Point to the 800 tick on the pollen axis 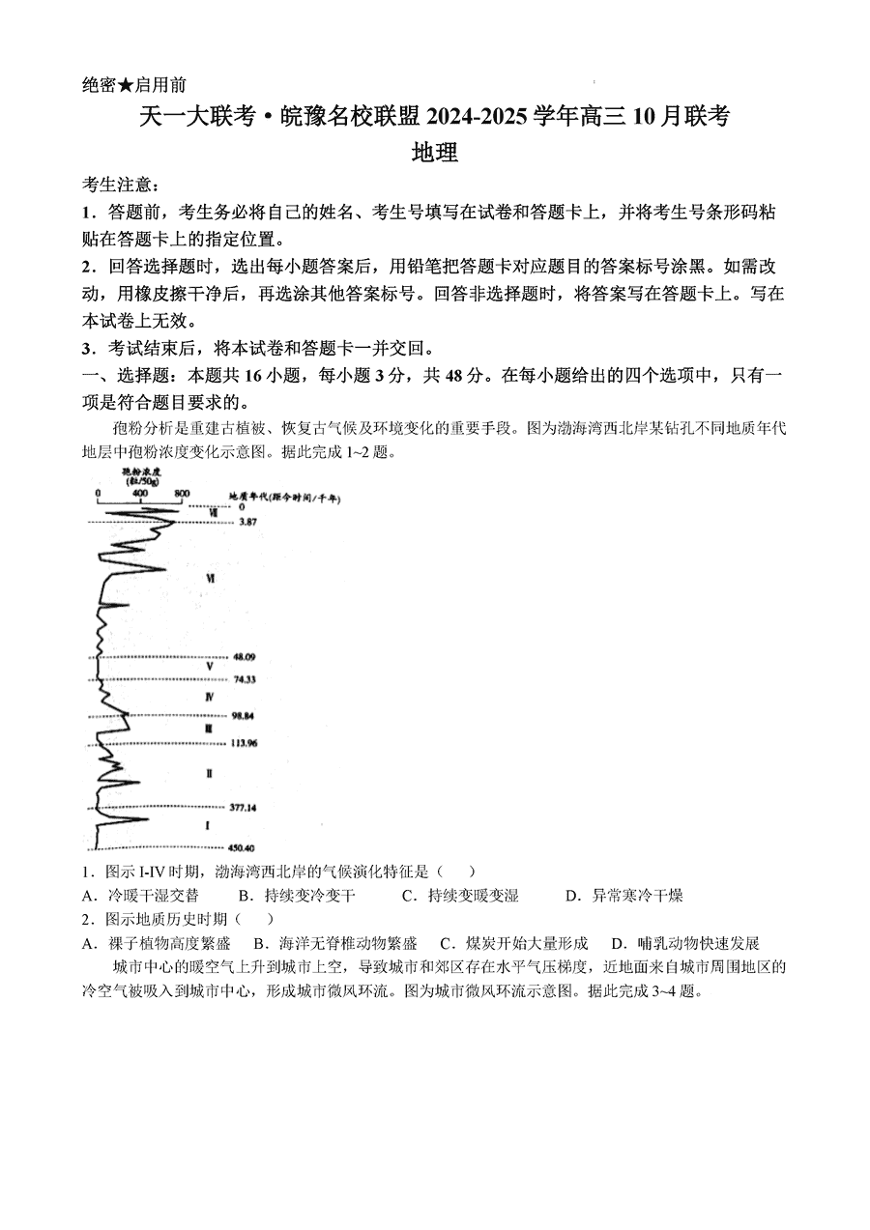point(182,494)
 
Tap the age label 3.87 point(247,522)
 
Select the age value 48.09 point(244,657)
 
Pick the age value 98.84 point(244,716)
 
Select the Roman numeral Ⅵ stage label point(210,577)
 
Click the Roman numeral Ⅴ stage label point(209,667)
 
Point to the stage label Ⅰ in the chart point(207,826)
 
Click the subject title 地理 point(434,152)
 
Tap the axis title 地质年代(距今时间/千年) point(284,497)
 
